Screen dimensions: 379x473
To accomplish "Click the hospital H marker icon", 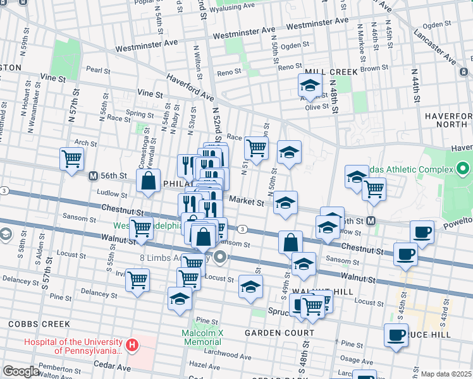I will pyautogui.click(x=132, y=346).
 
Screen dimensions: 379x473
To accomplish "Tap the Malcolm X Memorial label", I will pyautogui.click(x=202, y=337).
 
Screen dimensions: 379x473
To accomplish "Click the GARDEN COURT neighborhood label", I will pyautogui.click(x=279, y=333).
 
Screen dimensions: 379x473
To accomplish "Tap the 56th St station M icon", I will pyautogui.click(x=92, y=176).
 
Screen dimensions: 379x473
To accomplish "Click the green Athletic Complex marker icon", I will pyautogui.click(x=463, y=169).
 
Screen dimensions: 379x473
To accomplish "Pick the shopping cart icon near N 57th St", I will pyautogui.click(x=71, y=159).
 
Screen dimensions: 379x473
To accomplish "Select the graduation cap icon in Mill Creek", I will pyautogui.click(x=310, y=85).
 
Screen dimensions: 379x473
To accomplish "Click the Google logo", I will pyautogui.click(x=21, y=371).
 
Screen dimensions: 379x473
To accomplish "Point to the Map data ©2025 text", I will pyautogui.click(x=446, y=374).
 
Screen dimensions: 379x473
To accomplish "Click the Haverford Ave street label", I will pyautogui.click(x=190, y=88).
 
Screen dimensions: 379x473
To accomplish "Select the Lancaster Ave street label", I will pyautogui.click(x=434, y=46).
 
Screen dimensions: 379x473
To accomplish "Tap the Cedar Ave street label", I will pyautogui.click(x=112, y=365).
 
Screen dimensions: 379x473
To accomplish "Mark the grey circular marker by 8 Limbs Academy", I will pyautogui.click(x=220, y=256).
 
